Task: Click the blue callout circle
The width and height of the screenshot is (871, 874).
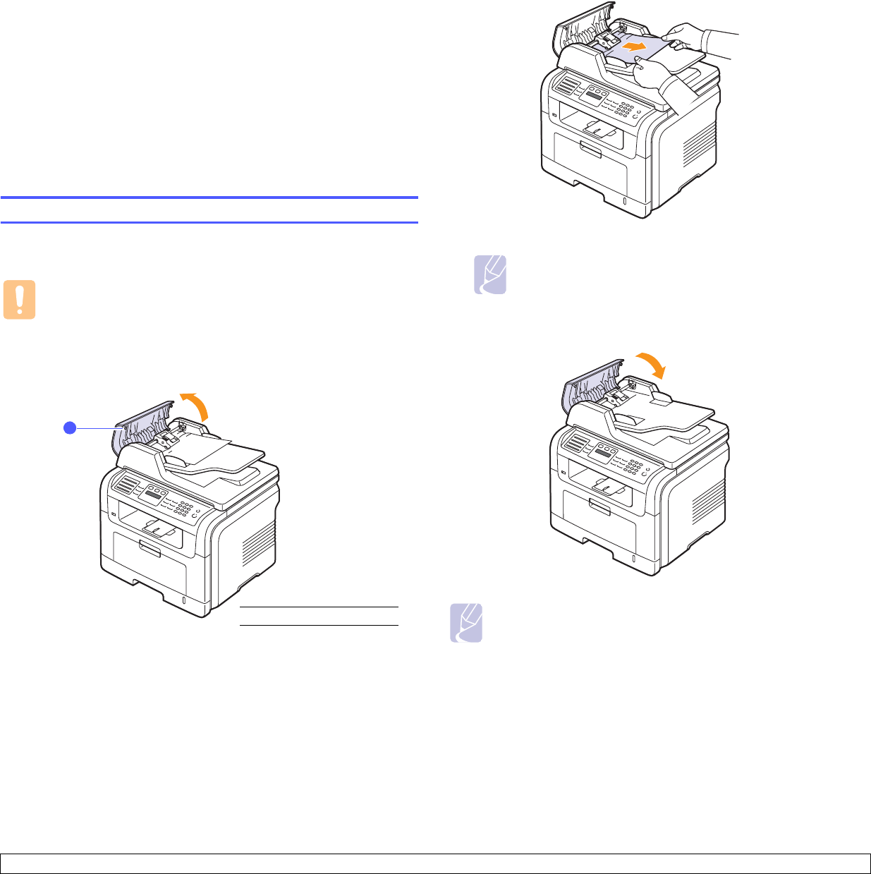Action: (69, 427)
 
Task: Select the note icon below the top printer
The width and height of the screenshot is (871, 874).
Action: (489, 276)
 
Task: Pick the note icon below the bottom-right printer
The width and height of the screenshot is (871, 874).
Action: (466, 623)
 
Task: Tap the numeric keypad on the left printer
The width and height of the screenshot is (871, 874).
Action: (183, 508)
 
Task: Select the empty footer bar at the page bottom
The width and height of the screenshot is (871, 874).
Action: (435, 863)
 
